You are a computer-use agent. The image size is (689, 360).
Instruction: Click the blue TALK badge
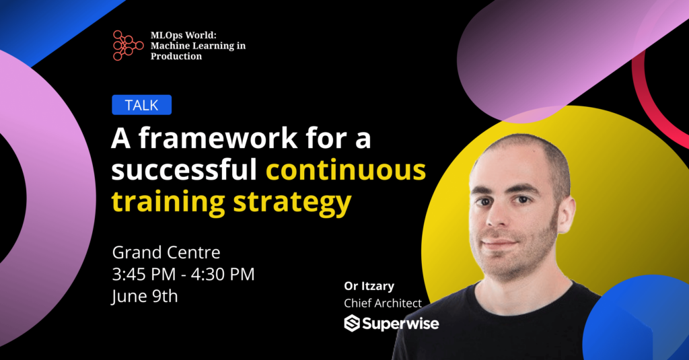point(141,105)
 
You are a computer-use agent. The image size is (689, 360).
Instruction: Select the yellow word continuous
point(346,170)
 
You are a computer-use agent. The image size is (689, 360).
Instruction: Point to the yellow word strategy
point(292,203)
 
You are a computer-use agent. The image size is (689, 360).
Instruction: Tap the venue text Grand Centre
point(166,252)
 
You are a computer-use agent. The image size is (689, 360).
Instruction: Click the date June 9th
point(145,296)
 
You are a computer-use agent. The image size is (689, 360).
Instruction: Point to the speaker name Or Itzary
point(369,286)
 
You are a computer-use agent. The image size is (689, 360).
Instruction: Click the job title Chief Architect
point(383,303)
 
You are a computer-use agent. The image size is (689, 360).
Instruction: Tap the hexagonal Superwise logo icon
point(352,323)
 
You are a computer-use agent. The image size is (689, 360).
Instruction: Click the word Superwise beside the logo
point(400,324)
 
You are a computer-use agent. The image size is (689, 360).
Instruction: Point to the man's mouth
point(501,243)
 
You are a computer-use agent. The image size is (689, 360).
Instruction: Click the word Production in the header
point(176,57)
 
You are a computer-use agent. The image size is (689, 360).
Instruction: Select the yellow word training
point(168,203)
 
